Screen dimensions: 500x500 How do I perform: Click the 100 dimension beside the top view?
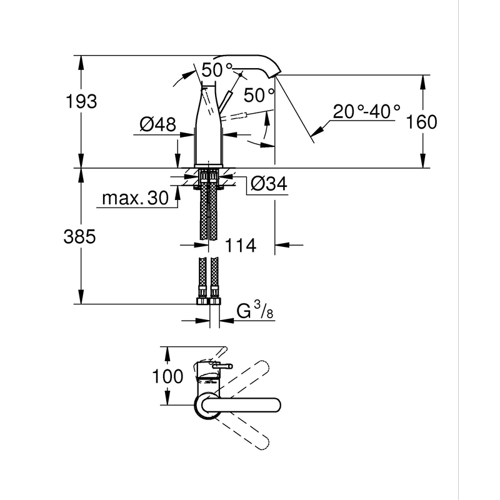click(169, 376)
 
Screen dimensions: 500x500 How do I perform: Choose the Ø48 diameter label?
click(157, 125)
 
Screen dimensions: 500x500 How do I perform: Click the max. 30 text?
click(135, 199)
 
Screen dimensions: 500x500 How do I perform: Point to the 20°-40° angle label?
click(366, 112)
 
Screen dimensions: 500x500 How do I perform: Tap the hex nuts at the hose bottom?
click(209, 301)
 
